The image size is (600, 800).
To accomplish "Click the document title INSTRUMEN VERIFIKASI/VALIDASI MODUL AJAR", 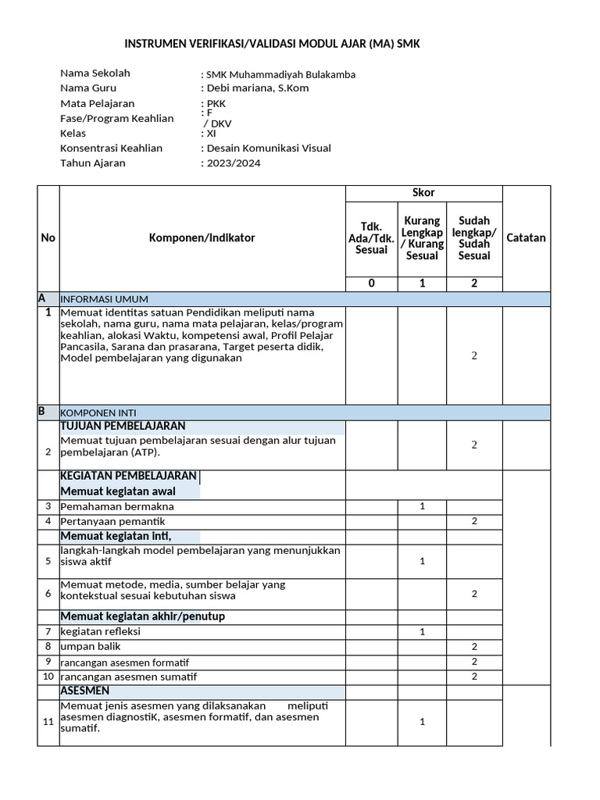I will click(273, 45).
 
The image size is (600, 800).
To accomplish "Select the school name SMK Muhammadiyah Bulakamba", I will click(280, 74).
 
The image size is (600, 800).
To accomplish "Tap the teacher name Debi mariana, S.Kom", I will click(256, 88).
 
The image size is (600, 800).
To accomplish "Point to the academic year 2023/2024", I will click(233, 163).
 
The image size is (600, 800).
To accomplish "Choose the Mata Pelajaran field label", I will click(98, 103).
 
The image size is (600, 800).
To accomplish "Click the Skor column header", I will click(423, 193).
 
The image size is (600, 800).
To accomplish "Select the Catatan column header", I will click(527, 237).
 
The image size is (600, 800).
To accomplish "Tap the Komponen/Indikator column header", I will click(202, 237).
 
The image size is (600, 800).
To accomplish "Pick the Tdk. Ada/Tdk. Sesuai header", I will click(371, 237).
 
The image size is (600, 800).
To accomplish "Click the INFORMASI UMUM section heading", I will click(105, 299).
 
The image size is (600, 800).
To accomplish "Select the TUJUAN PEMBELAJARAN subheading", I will click(123, 426).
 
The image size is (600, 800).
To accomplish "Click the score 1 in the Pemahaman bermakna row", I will click(422, 506).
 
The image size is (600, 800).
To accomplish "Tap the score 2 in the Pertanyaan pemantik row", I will click(474, 521).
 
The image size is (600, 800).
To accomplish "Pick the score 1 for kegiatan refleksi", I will click(422, 631).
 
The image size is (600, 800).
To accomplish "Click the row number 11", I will click(48, 721).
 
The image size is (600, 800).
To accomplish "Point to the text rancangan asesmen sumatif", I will click(129, 677).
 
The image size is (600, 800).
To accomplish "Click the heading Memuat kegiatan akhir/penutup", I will click(142, 616).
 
